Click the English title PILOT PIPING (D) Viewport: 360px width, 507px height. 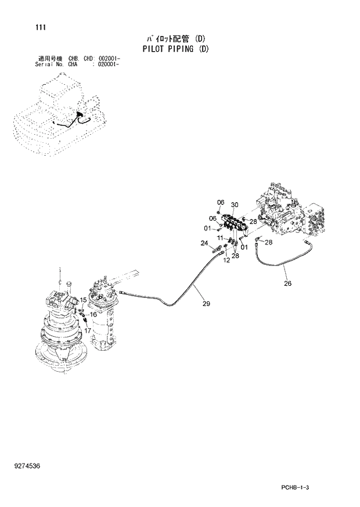click(175, 49)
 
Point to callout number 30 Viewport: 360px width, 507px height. click(235, 204)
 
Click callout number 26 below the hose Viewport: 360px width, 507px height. click(288, 284)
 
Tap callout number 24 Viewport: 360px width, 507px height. click(204, 242)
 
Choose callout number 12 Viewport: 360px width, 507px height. click(226, 261)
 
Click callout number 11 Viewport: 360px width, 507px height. click(220, 238)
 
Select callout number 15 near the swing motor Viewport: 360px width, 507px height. click(83, 300)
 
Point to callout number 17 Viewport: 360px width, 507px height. click(89, 330)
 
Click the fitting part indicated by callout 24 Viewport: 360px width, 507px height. click(218, 250)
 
